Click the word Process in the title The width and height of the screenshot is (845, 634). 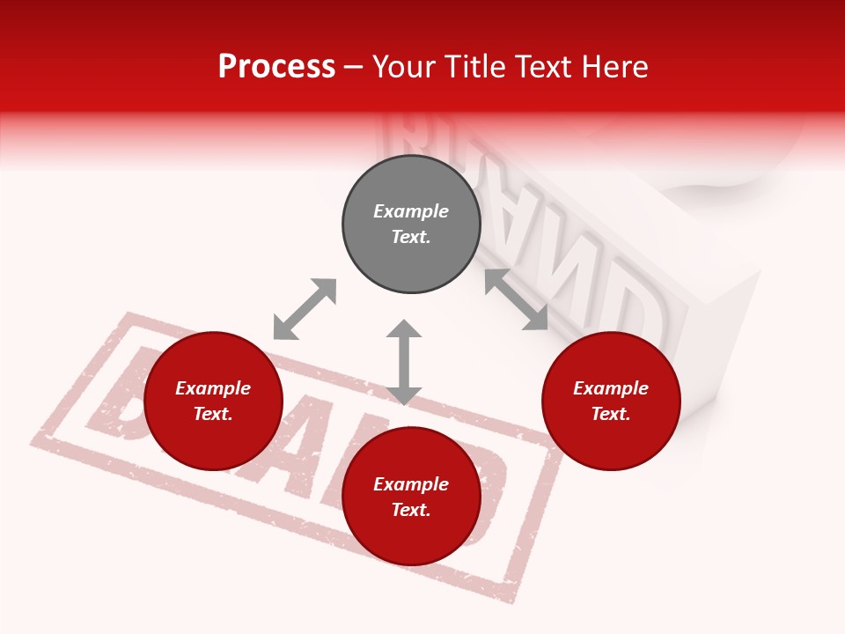coord(276,67)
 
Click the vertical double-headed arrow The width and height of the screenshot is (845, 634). coord(404,362)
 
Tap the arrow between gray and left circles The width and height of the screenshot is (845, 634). coord(305,309)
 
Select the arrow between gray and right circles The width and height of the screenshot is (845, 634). coord(517,299)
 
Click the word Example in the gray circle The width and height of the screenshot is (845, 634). coord(411,211)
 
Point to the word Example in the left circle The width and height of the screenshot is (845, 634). coord(213,388)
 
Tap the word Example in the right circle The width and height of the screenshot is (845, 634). coord(611,388)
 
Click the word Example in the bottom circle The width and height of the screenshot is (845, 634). coord(411,484)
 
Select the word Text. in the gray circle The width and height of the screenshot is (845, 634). coord(411,237)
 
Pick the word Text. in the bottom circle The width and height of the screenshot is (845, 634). coord(411,510)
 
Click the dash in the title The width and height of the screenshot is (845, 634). coord(354,67)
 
